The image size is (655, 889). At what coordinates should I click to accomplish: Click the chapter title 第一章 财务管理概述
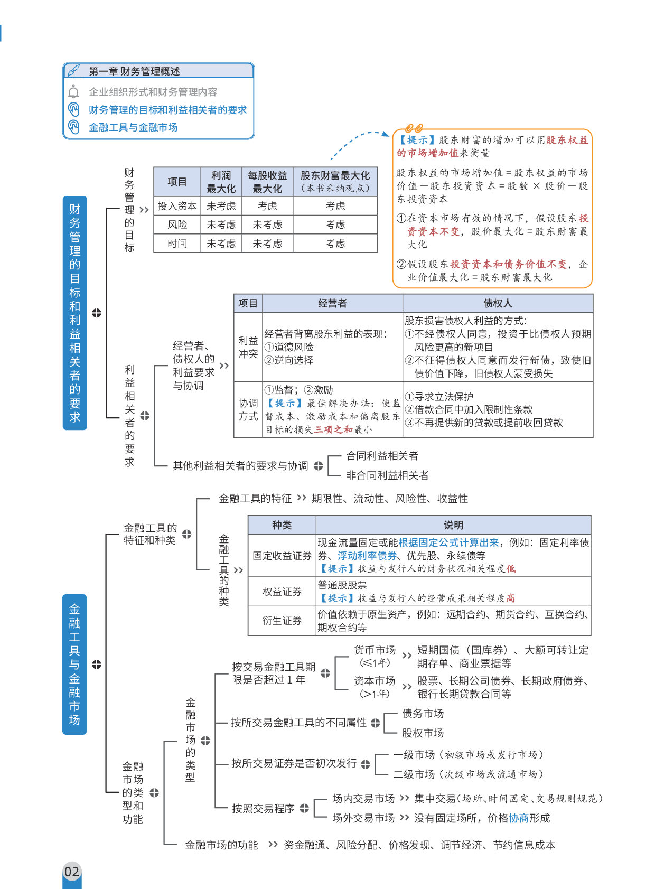point(134,71)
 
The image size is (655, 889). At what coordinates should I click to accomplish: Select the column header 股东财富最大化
point(335,176)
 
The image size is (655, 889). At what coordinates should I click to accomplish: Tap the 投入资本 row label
point(177,206)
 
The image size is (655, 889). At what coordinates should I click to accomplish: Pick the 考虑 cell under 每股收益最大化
point(267,206)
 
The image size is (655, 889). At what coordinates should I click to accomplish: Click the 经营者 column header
point(332,303)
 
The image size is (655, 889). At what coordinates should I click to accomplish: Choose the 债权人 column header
point(498,303)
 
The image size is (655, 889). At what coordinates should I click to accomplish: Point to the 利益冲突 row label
point(248,347)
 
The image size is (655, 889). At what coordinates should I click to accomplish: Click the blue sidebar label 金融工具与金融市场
point(74,664)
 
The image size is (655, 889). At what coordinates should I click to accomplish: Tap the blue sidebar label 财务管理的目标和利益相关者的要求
point(75,313)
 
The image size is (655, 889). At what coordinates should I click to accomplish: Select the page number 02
point(72,871)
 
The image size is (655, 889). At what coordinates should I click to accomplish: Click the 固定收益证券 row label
point(282,556)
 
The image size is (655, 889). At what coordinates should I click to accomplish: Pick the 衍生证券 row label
point(282,621)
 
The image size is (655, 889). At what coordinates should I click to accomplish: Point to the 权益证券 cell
point(282,592)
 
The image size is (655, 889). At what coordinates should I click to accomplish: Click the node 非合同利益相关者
point(387,475)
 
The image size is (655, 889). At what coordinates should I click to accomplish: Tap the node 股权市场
point(423,733)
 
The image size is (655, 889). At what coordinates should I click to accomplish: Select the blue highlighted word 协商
point(519,818)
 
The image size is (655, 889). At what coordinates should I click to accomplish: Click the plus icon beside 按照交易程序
point(304,808)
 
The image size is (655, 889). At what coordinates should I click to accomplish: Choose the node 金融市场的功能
point(221,845)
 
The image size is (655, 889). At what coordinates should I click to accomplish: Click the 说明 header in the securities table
point(453,525)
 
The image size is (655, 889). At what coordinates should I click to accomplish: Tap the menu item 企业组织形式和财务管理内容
point(153,92)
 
